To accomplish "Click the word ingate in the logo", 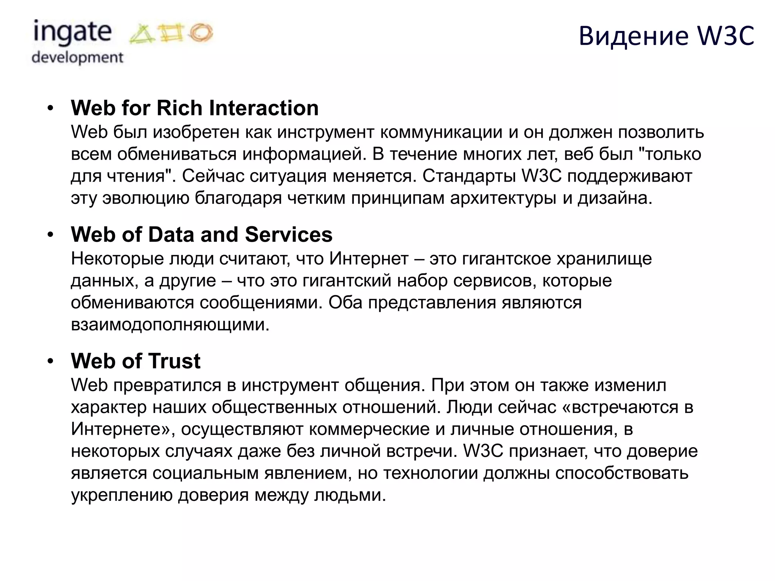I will point(72,33).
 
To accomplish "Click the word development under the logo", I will point(78,57).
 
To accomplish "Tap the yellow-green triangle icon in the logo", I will point(142,34).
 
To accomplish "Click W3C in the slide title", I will point(726,36).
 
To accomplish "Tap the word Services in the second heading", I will point(289,235).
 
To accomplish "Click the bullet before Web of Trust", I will point(51,361).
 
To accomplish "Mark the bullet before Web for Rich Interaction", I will point(51,109).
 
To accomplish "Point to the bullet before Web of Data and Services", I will point(51,235).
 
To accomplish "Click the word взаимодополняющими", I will point(170,325).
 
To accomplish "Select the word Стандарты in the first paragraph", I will point(469,176).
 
